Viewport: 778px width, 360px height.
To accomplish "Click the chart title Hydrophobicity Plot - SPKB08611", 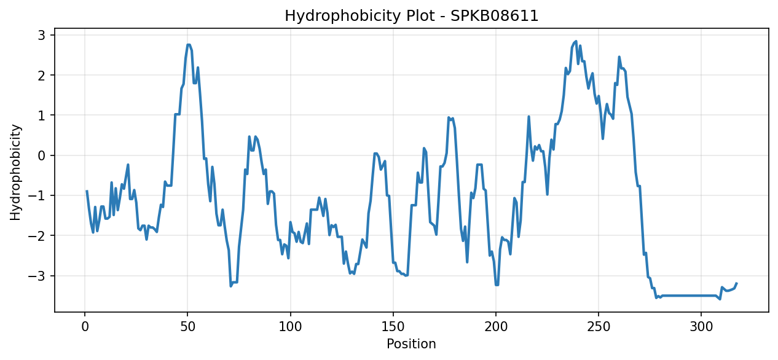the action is pyautogui.click(x=411, y=16).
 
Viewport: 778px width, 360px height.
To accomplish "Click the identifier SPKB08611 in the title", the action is pyautogui.click(x=494, y=16).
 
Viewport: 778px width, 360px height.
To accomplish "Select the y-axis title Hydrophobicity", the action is pyautogui.click(x=15, y=172).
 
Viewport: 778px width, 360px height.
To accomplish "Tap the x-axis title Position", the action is pyautogui.click(x=411, y=343).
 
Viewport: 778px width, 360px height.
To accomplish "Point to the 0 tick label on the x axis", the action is pyautogui.click(x=85, y=327).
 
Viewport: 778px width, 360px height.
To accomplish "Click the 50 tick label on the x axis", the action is pyautogui.click(x=187, y=327).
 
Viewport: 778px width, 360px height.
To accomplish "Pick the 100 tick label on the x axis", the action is pyautogui.click(x=290, y=327).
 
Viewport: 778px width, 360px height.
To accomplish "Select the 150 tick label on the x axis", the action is pyautogui.click(x=393, y=327).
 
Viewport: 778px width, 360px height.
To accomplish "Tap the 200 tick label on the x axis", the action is pyautogui.click(x=496, y=327).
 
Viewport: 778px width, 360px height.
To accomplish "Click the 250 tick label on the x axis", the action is pyautogui.click(x=599, y=327).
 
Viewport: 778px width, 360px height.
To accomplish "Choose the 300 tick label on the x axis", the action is pyautogui.click(x=701, y=327).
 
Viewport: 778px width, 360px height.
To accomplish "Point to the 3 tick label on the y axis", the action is pyautogui.click(x=42, y=35).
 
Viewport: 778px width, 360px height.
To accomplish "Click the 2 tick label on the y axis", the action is pyautogui.click(x=42, y=76).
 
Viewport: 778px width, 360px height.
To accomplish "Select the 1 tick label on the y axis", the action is pyautogui.click(x=42, y=115).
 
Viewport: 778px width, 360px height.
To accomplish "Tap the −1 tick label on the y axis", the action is pyautogui.click(x=37, y=195).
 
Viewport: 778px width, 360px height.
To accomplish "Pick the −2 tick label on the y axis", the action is pyautogui.click(x=37, y=236).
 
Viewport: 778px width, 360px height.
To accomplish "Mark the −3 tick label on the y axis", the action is pyautogui.click(x=37, y=276).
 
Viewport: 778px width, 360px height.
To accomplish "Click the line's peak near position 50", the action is pyautogui.click(x=189, y=44).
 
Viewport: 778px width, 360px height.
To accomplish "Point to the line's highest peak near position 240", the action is pyautogui.click(x=576, y=41).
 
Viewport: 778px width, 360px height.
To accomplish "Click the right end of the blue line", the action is pyautogui.click(x=736, y=283).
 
